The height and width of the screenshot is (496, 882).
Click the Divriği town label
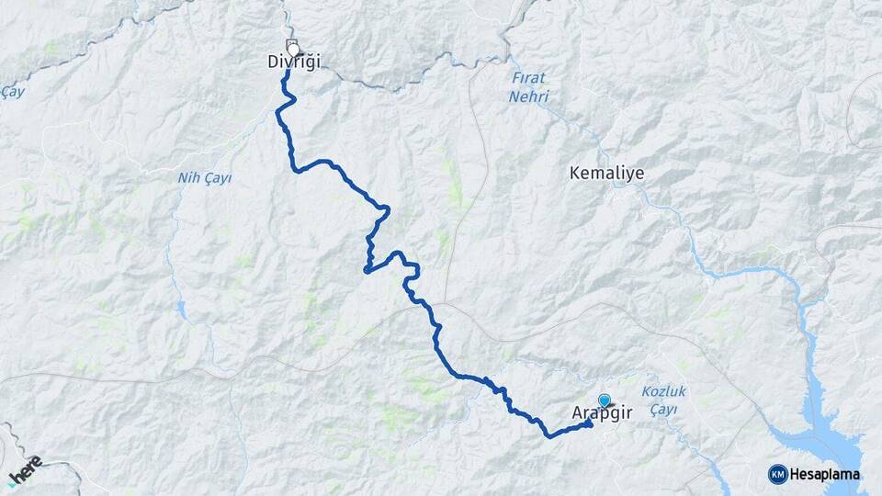(x=293, y=62)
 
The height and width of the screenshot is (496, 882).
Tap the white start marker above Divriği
(x=293, y=47)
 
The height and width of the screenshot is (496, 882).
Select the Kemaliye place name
(x=606, y=173)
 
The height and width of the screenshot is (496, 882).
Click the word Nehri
(x=531, y=96)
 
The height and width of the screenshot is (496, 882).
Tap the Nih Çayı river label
(x=204, y=177)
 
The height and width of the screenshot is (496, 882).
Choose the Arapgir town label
(x=603, y=415)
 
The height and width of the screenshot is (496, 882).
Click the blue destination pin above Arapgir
(x=604, y=400)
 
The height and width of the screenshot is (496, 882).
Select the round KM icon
(x=777, y=474)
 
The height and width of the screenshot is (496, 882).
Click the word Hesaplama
(x=824, y=474)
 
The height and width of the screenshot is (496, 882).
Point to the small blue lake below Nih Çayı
(x=182, y=309)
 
